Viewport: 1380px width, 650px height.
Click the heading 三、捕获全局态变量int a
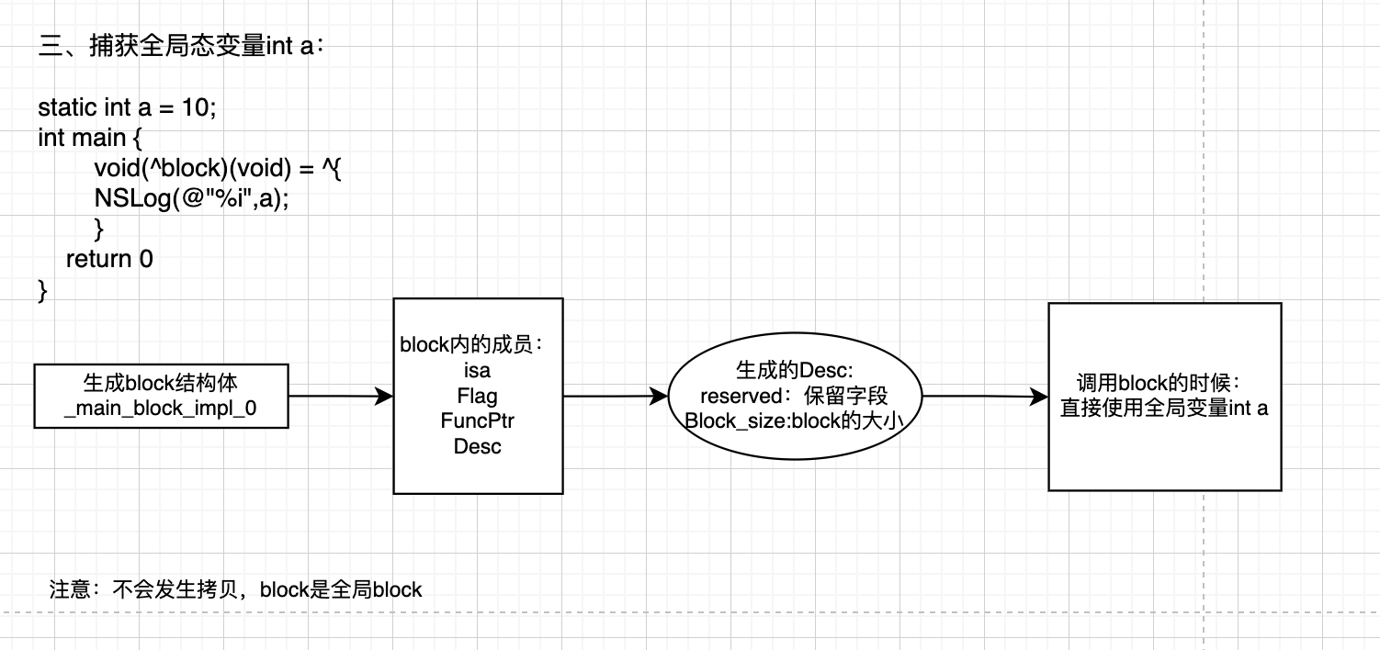tap(181, 48)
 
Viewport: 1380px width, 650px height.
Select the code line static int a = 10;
tap(127, 107)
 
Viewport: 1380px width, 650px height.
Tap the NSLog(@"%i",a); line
tap(191, 198)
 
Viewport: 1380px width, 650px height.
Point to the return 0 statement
tap(109, 260)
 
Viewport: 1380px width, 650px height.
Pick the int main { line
tap(91, 138)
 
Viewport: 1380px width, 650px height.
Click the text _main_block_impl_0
tap(161, 409)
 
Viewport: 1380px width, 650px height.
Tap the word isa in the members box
tap(478, 371)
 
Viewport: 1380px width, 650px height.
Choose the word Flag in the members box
tap(478, 397)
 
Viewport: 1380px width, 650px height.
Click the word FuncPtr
tap(478, 421)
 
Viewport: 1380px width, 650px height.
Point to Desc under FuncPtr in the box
tap(478, 447)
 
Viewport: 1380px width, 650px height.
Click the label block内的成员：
tap(472, 345)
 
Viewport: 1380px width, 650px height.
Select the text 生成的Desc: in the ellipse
tap(795, 371)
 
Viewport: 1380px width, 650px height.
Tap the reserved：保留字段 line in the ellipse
tap(795, 397)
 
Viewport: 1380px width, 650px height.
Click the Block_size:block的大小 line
tap(795, 421)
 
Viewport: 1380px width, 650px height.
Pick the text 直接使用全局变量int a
tap(1164, 409)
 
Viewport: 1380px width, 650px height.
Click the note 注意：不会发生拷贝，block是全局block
tap(235, 589)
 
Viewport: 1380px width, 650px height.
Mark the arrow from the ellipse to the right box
tap(984, 397)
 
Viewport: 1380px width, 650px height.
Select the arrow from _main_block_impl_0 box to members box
tap(340, 397)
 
